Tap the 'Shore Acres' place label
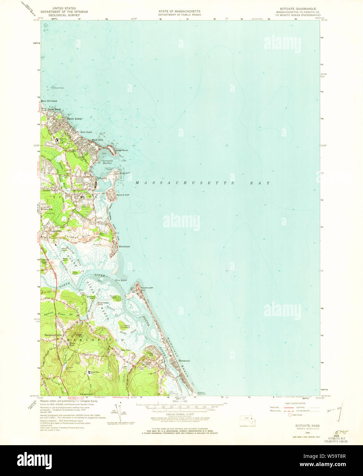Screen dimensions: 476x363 click(x=75, y=119)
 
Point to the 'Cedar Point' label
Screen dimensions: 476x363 click(x=122, y=150)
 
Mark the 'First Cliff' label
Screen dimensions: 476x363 click(x=125, y=173)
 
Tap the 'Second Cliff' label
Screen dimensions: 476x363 click(x=123, y=195)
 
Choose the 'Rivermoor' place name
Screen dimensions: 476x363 click(x=125, y=247)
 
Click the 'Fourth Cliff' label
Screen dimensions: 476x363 click(x=147, y=288)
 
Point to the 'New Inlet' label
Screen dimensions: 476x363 click(x=121, y=280)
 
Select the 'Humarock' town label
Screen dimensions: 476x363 click(x=184, y=361)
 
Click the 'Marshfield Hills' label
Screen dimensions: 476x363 click(x=52, y=335)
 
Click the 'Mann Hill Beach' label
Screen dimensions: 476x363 click(x=49, y=101)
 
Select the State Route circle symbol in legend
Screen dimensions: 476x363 click(x=290, y=415)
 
